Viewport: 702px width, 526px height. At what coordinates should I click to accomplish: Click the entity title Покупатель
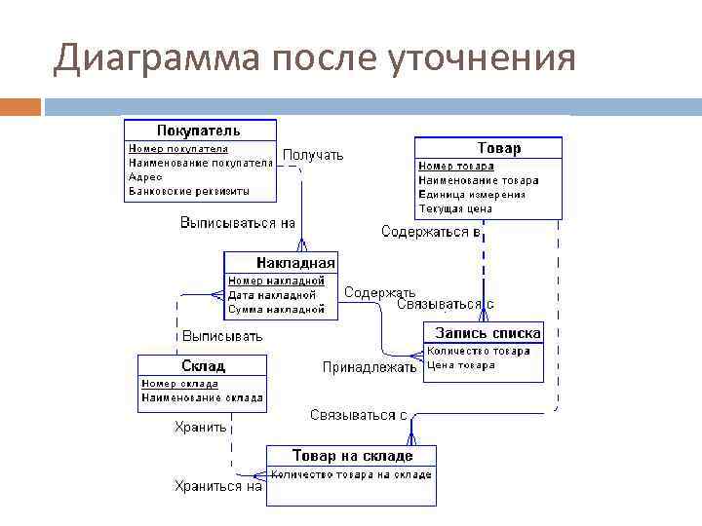[199, 130]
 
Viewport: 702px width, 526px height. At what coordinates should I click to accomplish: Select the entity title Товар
[498, 148]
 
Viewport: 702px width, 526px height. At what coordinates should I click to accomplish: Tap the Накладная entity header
[295, 262]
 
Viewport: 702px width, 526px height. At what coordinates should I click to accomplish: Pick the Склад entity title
[203, 366]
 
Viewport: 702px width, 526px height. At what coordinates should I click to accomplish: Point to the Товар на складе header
[352, 456]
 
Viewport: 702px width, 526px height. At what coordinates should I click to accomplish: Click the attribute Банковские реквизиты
[189, 191]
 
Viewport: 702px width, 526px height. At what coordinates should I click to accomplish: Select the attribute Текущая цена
[455, 208]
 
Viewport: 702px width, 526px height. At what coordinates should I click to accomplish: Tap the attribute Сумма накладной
[276, 309]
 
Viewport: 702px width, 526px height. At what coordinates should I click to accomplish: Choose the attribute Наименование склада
[202, 397]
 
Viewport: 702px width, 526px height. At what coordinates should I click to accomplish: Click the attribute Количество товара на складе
[351, 474]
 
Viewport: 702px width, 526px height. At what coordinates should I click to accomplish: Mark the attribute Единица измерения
[472, 194]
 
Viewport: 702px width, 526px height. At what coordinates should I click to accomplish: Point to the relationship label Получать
[313, 155]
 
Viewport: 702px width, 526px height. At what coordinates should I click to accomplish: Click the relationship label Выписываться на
[238, 223]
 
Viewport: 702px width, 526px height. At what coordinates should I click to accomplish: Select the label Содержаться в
[430, 232]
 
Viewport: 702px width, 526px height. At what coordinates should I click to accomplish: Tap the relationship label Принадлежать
[370, 367]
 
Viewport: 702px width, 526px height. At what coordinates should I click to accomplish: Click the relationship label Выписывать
[222, 336]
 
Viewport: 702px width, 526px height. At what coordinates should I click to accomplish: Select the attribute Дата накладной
[272, 295]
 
